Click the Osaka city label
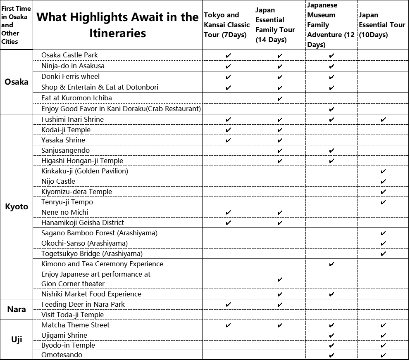pos(17,82)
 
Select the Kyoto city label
pos(17,206)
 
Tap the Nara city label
pos(17,309)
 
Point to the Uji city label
pos(17,340)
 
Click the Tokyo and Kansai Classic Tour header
pos(227,25)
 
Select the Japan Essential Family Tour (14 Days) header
pos(275,25)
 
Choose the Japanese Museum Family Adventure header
pos(331,25)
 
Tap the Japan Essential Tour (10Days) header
pos(382,25)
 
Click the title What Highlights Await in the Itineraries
pos(117,25)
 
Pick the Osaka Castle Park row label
pos(69,55)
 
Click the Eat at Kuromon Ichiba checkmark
pos(280,98)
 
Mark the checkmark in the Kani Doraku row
pos(331,109)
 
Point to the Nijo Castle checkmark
pos(383,181)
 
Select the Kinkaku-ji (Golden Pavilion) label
pos(85,171)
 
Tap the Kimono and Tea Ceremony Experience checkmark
pos(331,264)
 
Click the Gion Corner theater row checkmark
pos(280,279)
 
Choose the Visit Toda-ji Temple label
pos(72,315)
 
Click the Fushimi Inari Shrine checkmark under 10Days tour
pos(383,119)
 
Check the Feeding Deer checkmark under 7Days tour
pos(229,304)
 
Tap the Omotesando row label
pos(62,355)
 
